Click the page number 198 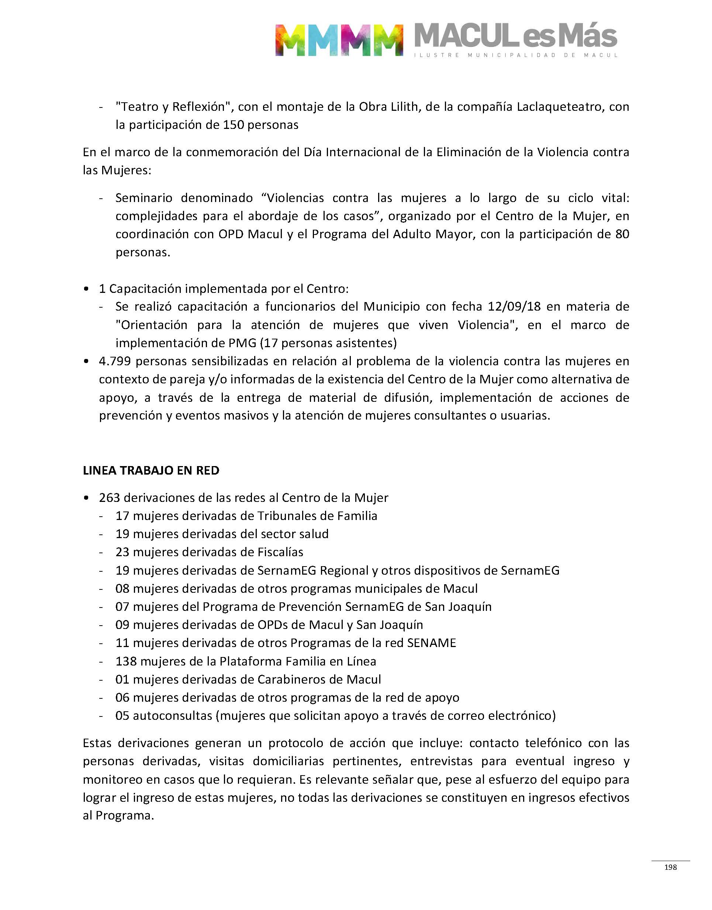[670, 867]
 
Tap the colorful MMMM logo [339, 40]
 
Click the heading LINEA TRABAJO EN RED [151, 470]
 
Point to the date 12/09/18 [514, 306]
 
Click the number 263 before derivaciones [110, 497]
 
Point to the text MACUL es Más [516, 37]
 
